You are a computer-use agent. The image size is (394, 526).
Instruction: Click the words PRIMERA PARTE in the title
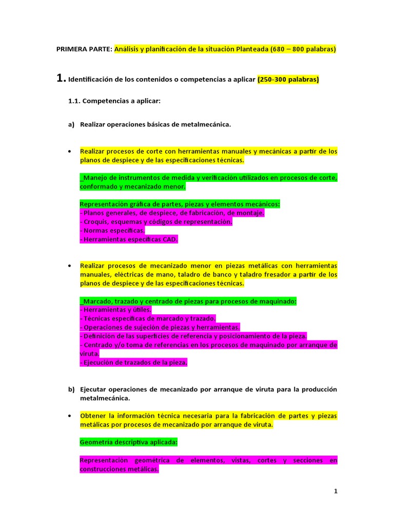tap(84, 49)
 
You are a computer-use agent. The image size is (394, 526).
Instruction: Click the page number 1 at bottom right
tap(336, 491)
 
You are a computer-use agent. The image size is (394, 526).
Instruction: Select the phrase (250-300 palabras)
tap(288, 80)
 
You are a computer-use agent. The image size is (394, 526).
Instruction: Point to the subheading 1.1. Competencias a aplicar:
tap(114, 102)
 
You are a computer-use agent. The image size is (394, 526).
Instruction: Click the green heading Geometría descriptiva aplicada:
tap(129, 442)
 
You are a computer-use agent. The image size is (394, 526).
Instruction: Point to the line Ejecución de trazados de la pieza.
tap(133, 363)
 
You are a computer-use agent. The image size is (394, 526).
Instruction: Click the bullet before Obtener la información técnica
tap(69, 416)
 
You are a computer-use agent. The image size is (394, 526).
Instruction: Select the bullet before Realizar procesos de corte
tap(69, 152)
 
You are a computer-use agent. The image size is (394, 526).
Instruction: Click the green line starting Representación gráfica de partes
tap(180, 204)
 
